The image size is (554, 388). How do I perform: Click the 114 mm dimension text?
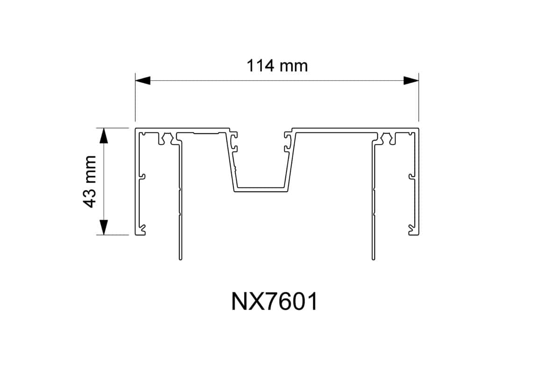click(277, 66)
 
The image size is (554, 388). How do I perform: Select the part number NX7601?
click(274, 302)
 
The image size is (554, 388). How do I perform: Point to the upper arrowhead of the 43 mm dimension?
click(104, 136)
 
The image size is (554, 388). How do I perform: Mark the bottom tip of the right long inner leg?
click(373, 258)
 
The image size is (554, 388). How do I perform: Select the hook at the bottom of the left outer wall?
click(142, 230)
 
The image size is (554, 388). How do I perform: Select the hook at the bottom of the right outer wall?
click(411, 230)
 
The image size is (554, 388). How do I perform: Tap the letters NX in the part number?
click(244, 302)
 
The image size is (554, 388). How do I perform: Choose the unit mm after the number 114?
click(294, 66)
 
